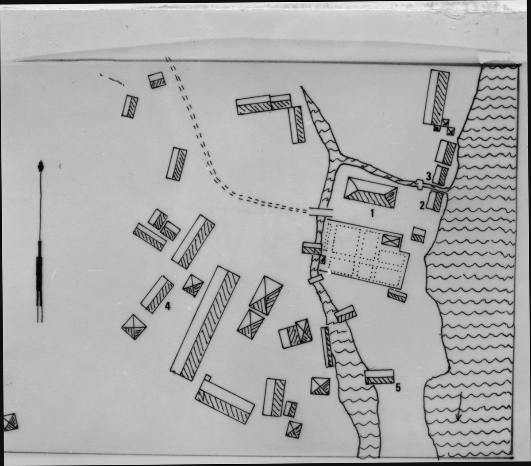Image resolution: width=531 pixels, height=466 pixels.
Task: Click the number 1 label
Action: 372,213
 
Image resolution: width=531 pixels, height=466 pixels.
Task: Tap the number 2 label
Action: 422,206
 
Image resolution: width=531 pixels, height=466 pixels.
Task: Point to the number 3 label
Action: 428,177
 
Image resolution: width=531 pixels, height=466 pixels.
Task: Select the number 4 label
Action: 167,306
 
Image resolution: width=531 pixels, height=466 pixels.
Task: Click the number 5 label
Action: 398,387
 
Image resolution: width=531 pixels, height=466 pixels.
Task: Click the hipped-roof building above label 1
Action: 370,193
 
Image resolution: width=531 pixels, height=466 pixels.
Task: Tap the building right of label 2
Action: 435,201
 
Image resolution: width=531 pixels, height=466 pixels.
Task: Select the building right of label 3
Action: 440,175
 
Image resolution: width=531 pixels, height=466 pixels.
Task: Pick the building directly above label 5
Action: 380,377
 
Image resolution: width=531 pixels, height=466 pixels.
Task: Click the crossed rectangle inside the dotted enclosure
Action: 392,240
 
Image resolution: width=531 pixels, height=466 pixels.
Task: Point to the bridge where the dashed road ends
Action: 321,212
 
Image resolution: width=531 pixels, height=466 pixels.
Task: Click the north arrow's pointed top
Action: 41,162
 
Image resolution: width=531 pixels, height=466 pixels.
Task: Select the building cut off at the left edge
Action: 11,422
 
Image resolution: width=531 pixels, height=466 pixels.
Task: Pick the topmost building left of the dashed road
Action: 157,80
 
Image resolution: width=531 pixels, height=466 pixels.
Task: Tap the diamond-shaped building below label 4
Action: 134,327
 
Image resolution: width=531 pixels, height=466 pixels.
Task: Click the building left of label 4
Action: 157,295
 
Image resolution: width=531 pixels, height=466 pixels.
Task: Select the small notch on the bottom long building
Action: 208,377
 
